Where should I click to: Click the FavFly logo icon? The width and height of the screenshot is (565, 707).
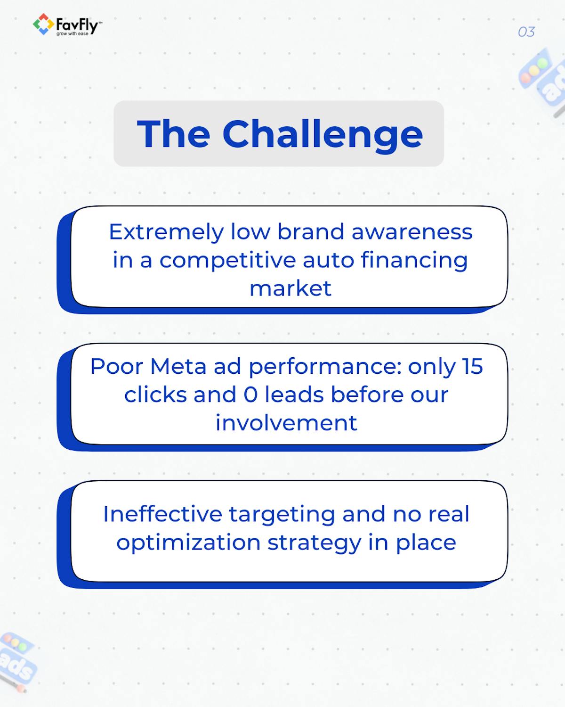point(43,25)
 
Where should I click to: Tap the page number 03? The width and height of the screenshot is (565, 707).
point(526,32)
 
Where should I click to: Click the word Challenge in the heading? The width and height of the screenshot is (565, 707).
point(323,134)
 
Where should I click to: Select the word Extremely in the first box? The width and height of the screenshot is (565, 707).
point(166,232)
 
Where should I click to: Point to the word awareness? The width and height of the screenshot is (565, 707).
point(412,232)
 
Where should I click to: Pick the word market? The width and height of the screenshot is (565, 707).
point(290,288)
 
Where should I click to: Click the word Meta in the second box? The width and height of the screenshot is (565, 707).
point(178,366)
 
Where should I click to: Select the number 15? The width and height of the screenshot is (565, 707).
point(472,366)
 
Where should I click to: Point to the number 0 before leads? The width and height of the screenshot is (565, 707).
point(250,395)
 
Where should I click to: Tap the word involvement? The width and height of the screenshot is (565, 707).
point(286,423)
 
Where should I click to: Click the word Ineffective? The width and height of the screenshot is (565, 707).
point(162,514)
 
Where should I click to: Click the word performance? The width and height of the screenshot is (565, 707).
point(324,367)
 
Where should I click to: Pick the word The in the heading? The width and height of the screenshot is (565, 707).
point(173,134)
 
